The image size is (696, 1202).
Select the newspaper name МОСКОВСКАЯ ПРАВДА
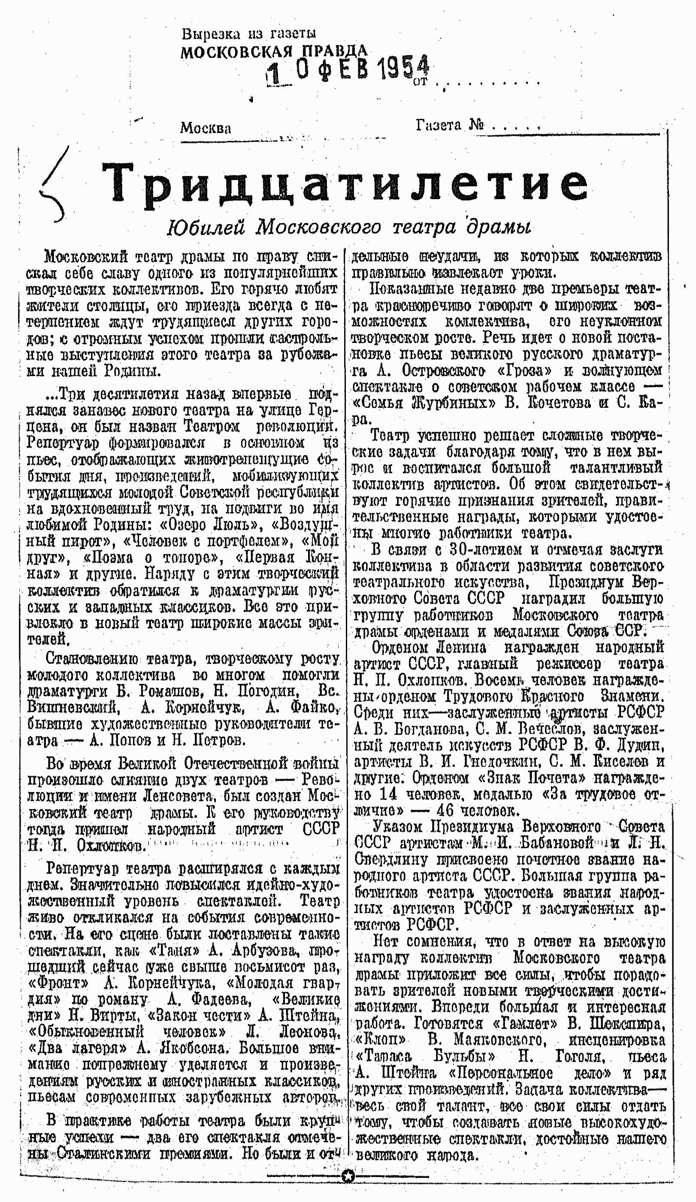(x=274, y=51)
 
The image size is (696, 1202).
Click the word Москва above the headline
(x=206, y=128)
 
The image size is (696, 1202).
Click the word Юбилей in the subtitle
(x=206, y=228)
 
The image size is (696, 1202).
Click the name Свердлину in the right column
(x=392, y=859)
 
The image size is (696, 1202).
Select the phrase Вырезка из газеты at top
(x=248, y=33)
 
